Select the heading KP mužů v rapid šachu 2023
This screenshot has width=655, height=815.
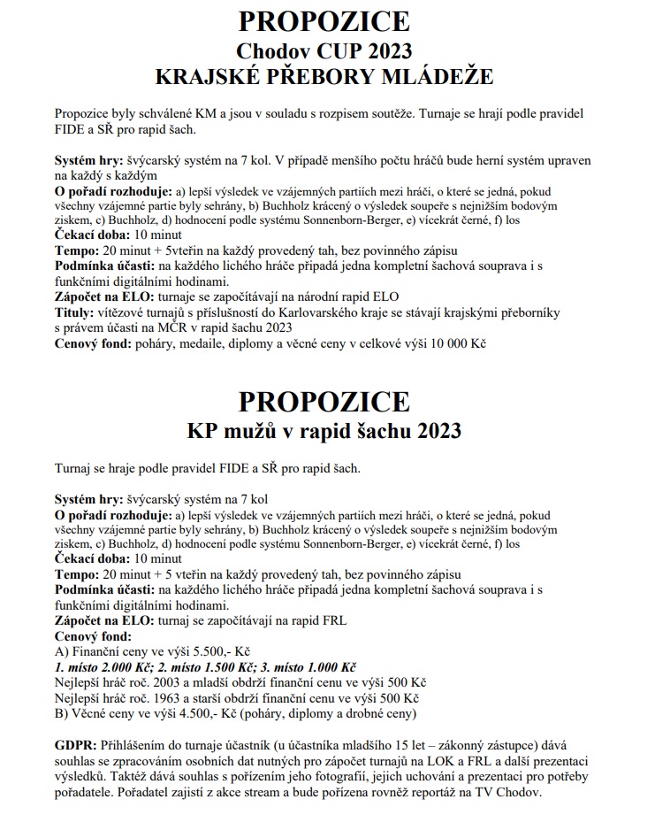point(327,431)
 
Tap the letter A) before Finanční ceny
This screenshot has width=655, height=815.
point(61,650)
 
